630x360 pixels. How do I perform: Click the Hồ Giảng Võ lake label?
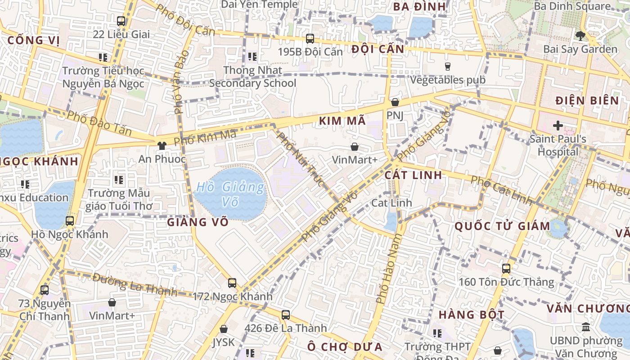tap(231, 194)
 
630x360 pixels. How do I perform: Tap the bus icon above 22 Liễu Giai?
tap(121, 21)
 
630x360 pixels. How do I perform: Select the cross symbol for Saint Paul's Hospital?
tap(558, 126)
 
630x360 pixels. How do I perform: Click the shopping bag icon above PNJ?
tap(395, 103)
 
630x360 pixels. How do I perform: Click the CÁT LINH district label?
tap(414, 175)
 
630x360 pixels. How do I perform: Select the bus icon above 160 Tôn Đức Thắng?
tap(506, 269)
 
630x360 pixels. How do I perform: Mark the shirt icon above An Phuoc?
tap(162, 146)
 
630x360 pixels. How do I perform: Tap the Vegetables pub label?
tap(448, 80)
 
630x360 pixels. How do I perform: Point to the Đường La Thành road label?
tap(135, 284)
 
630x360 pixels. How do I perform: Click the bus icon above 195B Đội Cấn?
tap(310, 39)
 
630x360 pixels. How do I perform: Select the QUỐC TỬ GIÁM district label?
tap(502, 226)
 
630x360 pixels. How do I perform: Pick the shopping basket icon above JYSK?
tap(224, 329)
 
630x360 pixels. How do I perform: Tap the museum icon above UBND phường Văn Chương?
tap(586, 327)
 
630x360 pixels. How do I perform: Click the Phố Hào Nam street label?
tap(388, 269)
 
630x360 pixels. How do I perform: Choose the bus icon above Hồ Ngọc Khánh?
tap(70, 221)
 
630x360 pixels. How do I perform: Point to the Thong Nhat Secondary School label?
tap(252, 76)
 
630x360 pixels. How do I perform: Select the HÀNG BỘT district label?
tap(471, 314)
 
